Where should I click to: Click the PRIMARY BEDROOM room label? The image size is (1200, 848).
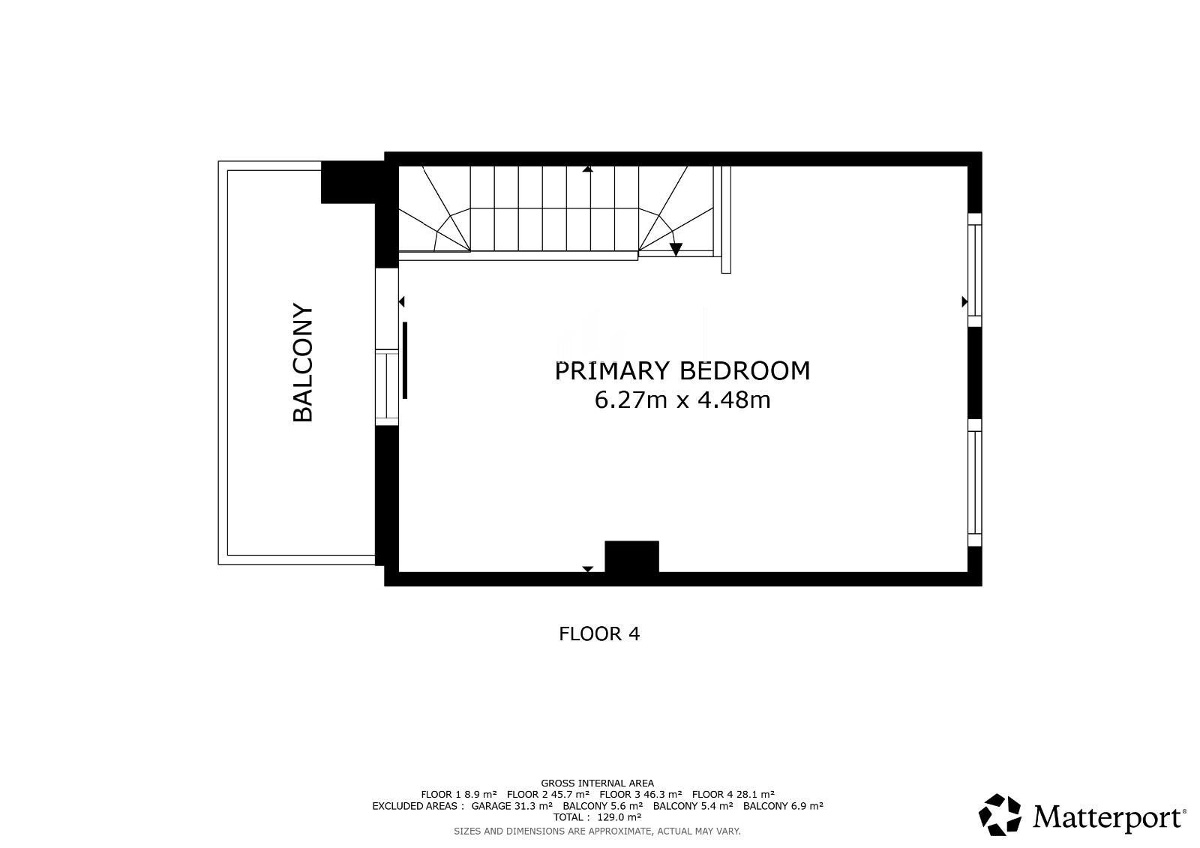682,370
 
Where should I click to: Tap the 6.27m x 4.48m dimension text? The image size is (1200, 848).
682,400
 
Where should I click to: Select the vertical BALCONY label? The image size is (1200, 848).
303,363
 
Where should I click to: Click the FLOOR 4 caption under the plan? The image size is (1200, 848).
599,634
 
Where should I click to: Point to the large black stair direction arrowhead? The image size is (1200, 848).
676,249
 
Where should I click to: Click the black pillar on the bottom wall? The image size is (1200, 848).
632,556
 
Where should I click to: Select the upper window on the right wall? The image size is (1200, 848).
974,270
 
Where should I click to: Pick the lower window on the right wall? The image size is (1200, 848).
974,483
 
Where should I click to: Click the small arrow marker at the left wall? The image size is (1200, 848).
402,302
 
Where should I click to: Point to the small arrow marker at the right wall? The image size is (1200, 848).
964,301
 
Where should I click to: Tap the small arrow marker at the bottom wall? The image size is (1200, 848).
588,569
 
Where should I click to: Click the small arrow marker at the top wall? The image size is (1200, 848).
588,169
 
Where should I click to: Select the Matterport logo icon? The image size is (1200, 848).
1000,815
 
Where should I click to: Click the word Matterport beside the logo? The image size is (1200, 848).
1108,817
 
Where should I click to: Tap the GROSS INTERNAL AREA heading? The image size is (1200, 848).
597,784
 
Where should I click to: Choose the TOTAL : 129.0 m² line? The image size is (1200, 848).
597,817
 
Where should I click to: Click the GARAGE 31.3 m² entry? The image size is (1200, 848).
511,806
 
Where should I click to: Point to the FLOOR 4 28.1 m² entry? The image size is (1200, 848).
733,795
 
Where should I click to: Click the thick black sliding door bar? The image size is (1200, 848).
405,360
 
